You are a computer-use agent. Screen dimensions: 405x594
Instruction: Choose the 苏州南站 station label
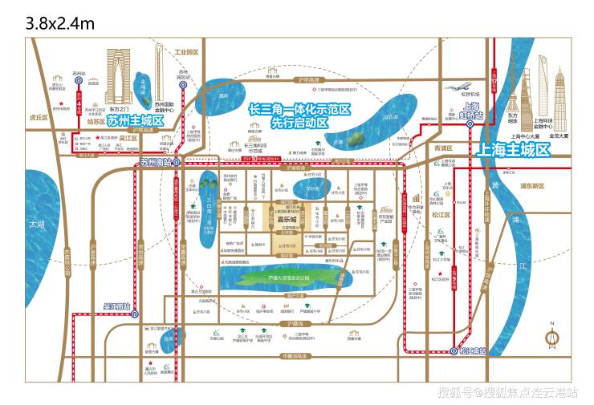(x=156, y=163)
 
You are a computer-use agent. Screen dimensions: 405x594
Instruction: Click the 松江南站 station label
(x=469, y=350)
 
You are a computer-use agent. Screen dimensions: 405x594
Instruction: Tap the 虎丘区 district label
(x=39, y=117)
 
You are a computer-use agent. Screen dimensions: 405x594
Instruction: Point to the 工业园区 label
(x=185, y=52)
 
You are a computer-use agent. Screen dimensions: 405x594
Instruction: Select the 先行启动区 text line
(x=299, y=124)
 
